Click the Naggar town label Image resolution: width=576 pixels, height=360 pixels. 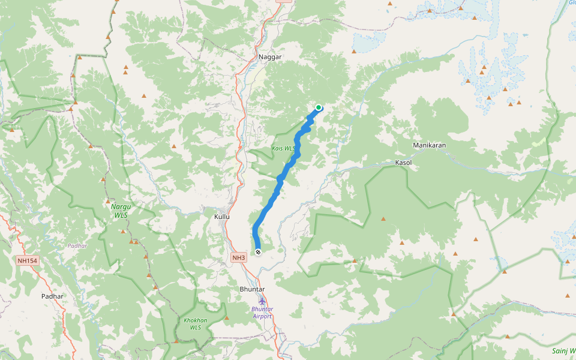(x=269, y=57)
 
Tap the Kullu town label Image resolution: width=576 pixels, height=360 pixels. (x=222, y=216)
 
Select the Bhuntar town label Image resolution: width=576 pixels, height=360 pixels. (x=252, y=289)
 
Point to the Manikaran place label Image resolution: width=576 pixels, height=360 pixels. (x=429, y=146)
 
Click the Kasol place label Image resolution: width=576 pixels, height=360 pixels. (x=404, y=163)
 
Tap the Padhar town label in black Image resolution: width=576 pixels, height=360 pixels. (x=53, y=296)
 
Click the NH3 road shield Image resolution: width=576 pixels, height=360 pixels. (x=239, y=258)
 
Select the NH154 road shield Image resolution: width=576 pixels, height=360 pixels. (x=28, y=260)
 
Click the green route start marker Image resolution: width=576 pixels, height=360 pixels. (x=319, y=108)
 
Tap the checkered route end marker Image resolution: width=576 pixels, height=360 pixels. (x=258, y=252)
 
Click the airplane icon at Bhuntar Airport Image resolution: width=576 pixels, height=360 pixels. (x=262, y=301)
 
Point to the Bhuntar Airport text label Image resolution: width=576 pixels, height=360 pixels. (x=262, y=313)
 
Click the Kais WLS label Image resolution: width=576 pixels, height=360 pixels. (x=283, y=148)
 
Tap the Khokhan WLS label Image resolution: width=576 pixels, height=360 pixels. (x=196, y=324)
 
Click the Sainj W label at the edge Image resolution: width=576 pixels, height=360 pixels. (x=563, y=350)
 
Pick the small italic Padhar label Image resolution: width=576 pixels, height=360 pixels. (x=77, y=246)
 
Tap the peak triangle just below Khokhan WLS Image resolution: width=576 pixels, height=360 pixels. (x=175, y=341)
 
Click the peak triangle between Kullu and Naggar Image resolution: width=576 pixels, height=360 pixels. (x=174, y=146)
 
